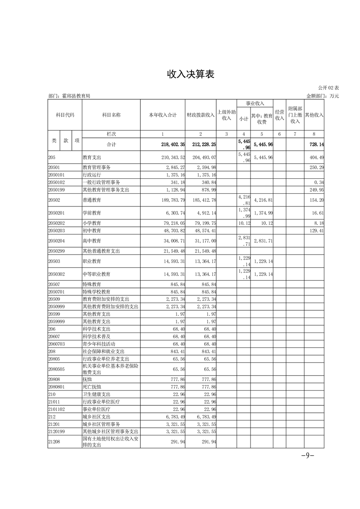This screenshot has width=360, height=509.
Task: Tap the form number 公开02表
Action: coord(328,88)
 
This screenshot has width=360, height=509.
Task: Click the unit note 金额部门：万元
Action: coord(323,96)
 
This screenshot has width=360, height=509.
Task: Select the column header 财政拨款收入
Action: coord(201,115)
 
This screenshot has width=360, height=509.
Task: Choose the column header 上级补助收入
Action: coord(226,115)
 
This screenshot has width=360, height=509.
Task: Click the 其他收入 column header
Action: coord(314,115)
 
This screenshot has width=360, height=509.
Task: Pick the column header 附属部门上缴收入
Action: coord(295,115)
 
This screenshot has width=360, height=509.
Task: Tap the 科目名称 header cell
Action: coord(111,115)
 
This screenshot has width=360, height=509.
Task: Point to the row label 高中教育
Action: coord(92,241)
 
